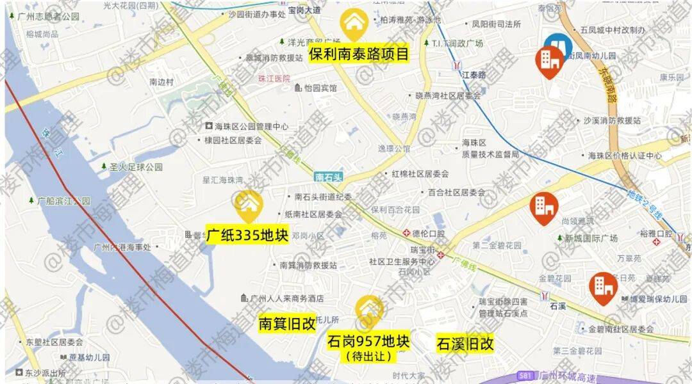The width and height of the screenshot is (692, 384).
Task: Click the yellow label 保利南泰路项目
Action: pyautogui.click(x=358, y=53)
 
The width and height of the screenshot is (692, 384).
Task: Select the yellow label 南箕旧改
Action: pyautogui.click(x=286, y=324)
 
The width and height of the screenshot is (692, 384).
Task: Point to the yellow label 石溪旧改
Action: pyautogui.click(x=465, y=344)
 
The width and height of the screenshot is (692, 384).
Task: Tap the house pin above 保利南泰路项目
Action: pyautogui.click(x=354, y=24)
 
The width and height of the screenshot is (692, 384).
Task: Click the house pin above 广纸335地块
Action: pyautogui.click(x=247, y=205)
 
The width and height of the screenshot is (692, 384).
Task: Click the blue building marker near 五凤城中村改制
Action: pyautogui.click(x=558, y=47)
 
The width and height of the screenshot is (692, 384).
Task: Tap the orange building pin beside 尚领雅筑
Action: pyautogui.click(x=545, y=207)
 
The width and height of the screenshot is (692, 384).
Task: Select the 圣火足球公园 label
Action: pyautogui.click(x=131, y=167)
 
